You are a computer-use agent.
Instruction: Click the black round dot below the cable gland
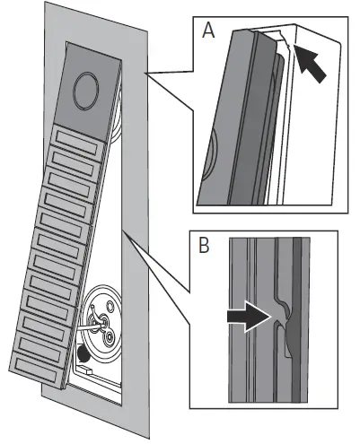[85, 353]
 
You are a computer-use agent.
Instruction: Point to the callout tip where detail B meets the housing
[125, 235]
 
